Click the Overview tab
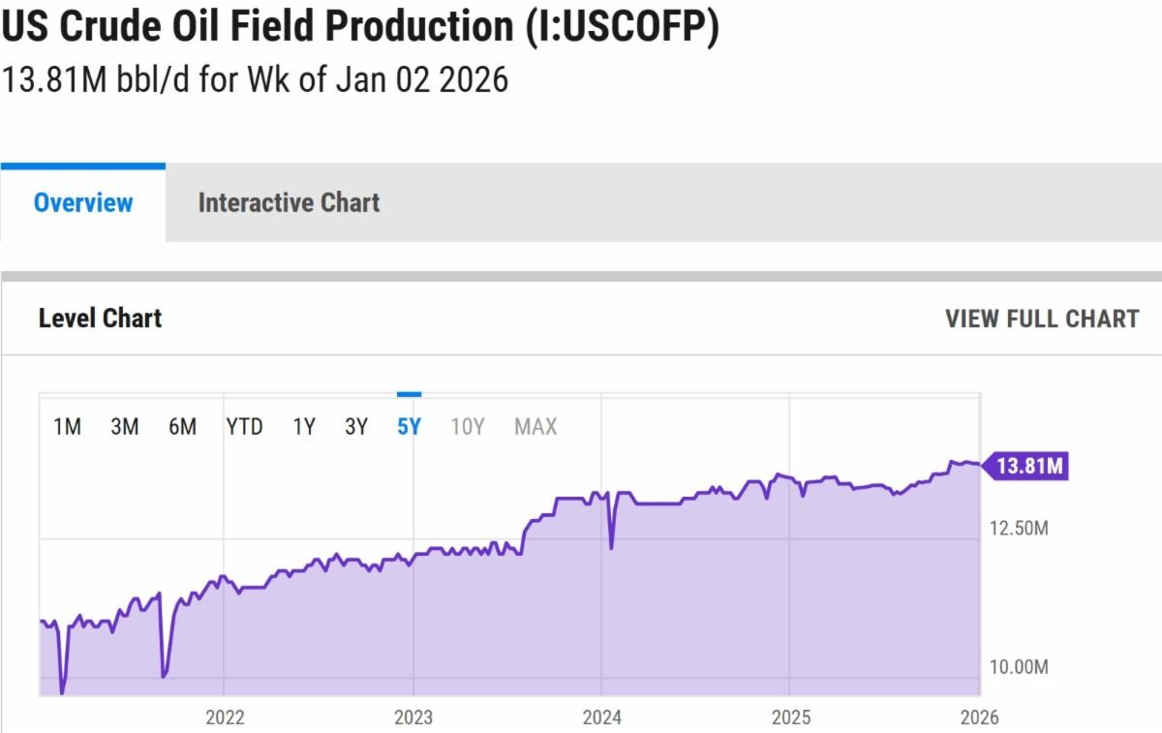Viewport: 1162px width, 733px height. [83, 202]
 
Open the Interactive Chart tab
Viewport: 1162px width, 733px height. [289, 202]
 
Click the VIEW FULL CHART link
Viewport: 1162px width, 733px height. [1042, 319]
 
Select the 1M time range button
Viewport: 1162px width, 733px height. [67, 427]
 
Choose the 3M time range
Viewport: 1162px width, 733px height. [124, 427]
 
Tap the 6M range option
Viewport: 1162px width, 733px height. [182, 427]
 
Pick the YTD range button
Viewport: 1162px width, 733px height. [244, 427]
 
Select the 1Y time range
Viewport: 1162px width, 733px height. [304, 427]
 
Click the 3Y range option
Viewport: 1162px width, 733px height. [356, 427]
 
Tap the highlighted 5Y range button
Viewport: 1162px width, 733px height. [409, 427]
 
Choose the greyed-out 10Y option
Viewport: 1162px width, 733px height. [467, 427]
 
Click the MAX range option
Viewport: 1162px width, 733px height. [535, 427]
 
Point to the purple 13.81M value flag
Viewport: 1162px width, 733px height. [1028, 467]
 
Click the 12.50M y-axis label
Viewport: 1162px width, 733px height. [1019, 529]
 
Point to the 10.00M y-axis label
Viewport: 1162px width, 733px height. [1019, 667]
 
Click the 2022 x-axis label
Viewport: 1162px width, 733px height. [225, 718]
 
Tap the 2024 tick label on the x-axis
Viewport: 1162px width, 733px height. [601, 718]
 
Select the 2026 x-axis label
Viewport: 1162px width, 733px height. [979, 718]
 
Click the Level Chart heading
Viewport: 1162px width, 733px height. [100, 319]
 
